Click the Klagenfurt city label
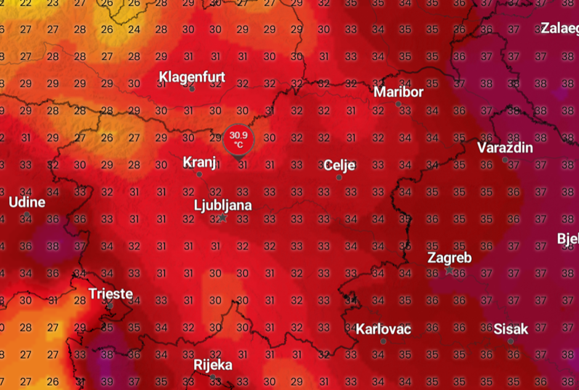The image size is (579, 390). tap(192, 77)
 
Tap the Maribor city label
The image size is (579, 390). tap(399, 92)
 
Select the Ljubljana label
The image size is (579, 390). tap(222, 205)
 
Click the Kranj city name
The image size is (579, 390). tap(200, 162)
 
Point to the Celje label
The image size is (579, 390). tap(339, 165)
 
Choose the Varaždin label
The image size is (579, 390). tap(505, 148)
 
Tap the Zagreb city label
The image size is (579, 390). tap(450, 258)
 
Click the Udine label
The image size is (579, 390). tap(27, 202)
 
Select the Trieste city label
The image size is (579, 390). tap(110, 293)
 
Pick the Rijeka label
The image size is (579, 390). tap(213, 365)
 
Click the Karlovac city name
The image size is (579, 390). tap(383, 329)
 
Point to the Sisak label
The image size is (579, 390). tap(511, 329)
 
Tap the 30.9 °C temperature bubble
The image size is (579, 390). tap(237, 139)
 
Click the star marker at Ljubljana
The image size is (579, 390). tap(222, 217)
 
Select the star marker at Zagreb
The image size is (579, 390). tap(450, 270)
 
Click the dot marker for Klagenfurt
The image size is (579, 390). tap(192, 89)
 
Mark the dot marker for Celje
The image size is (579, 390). tap(339, 177)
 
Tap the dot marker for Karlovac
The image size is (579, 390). tap(383, 341)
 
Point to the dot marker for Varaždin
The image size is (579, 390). tap(505, 160)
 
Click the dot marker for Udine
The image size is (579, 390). tap(27, 214)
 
